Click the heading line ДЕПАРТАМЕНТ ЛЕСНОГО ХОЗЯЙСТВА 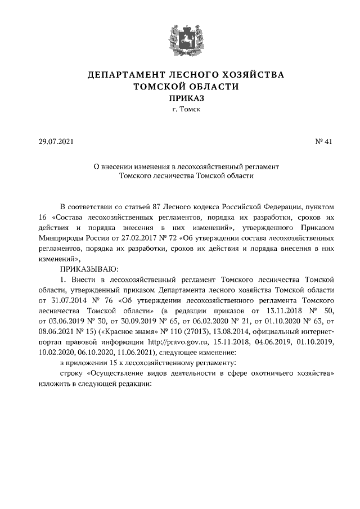(186, 75)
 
